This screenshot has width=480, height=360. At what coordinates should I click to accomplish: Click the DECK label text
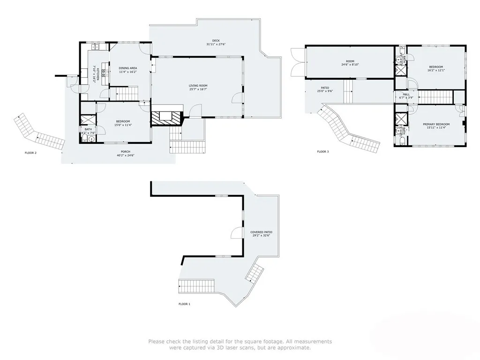point(216,41)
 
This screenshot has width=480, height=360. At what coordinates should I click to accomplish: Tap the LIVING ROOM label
point(198,85)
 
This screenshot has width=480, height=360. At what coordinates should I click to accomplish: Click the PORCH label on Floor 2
point(126,151)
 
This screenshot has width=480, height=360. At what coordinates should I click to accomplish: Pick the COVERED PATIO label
point(261,232)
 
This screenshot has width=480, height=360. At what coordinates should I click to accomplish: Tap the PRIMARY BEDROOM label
point(436,124)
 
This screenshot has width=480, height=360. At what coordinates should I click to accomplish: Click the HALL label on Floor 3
point(406,94)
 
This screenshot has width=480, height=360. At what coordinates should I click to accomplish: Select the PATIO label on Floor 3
point(325,88)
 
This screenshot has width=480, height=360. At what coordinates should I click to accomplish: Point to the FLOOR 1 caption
point(184,304)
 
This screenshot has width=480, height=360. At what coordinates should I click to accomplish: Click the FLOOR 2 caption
point(30,153)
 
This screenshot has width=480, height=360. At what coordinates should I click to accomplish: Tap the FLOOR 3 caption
point(322,151)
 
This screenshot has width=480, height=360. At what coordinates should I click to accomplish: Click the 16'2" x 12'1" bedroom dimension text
point(436,70)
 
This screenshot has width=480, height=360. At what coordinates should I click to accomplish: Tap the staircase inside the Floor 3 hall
point(435,97)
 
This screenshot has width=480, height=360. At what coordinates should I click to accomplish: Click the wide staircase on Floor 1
point(197,285)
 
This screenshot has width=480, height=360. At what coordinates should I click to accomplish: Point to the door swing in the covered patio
point(237,233)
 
